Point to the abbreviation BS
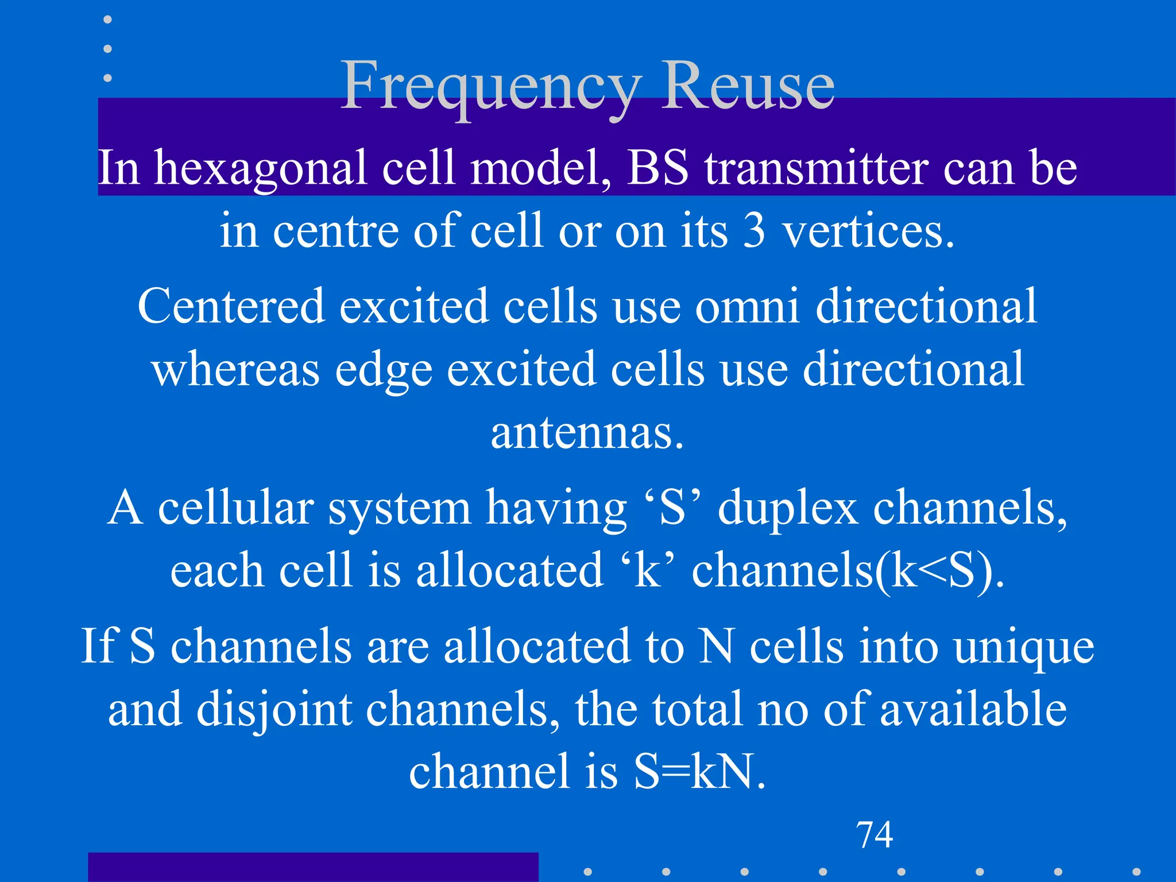(657, 168)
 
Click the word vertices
(868, 231)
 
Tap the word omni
(747, 306)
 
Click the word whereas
(236, 369)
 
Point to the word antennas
(587, 432)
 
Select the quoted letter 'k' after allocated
(648, 571)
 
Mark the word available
(973, 710)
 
